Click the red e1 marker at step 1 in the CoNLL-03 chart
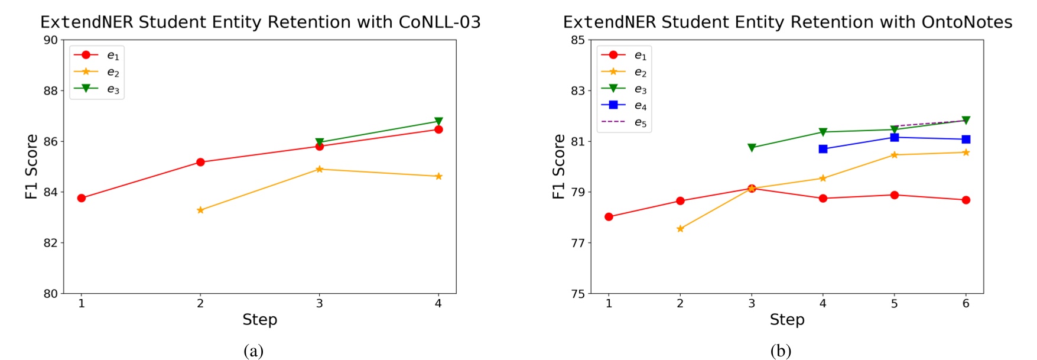(82, 198)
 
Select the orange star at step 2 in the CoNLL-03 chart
(200, 210)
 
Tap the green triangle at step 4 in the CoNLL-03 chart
(438, 121)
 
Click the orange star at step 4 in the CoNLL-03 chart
(438, 176)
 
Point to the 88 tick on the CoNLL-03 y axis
(51, 91)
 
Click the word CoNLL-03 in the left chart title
(439, 22)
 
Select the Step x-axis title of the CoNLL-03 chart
(259, 320)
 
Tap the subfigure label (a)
(253, 351)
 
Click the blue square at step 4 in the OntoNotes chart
(823, 149)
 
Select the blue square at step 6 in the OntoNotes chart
(966, 140)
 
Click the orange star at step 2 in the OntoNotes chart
(680, 229)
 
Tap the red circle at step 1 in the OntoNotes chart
(609, 217)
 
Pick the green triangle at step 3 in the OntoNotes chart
(752, 148)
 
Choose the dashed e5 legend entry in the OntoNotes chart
(624, 122)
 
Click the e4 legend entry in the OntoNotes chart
(624, 106)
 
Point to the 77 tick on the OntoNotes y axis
(578, 243)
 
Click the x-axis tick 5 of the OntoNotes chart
(894, 304)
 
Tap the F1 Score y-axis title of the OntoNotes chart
(558, 167)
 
